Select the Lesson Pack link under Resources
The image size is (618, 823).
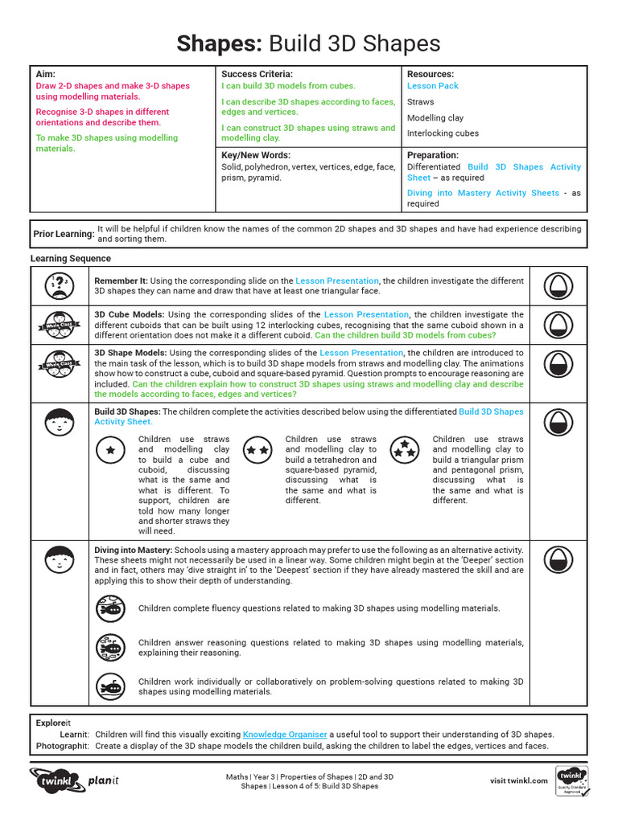tap(432, 86)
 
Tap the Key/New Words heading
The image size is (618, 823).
tap(256, 155)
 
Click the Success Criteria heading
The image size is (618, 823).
tap(257, 74)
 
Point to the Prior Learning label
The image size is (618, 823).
tap(64, 234)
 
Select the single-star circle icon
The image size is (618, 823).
tap(110, 450)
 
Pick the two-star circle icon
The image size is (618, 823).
tap(258, 450)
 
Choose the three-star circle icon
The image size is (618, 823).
tap(405, 450)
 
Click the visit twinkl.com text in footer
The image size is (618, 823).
tap(518, 780)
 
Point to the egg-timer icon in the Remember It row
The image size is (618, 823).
tap(557, 285)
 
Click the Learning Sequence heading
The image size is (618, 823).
tap(71, 259)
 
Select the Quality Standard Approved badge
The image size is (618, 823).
tap(572, 781)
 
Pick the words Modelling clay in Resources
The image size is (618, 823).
tap(435, 118)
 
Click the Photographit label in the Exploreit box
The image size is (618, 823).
tap(62, 746)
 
